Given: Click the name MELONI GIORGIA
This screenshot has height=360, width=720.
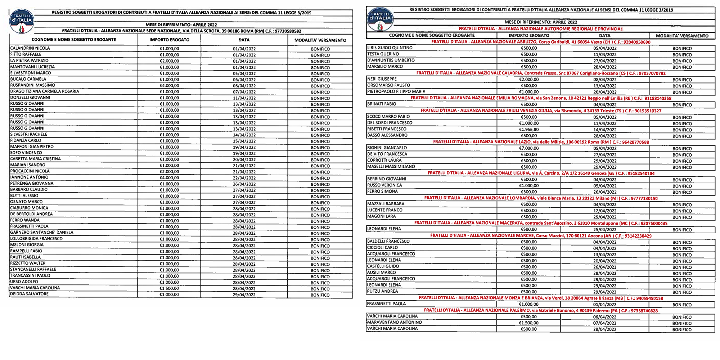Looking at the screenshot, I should (27, 245).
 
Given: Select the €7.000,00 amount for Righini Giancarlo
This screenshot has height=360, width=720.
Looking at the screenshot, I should (529, 148).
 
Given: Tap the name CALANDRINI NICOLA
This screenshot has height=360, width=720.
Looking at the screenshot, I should (30, 48).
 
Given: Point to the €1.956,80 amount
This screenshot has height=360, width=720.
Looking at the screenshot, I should (529, 130).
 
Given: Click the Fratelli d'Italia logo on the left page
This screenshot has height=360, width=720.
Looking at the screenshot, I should (22, 21).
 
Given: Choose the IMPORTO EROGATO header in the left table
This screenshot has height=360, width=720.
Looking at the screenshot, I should (169, 40).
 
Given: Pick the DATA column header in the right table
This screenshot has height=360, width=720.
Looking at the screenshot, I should (605, 36).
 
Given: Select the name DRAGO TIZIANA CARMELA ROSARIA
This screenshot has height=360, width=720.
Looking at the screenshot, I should (45, 91).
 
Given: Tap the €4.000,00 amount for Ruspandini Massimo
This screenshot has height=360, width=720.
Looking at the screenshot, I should (169, 86).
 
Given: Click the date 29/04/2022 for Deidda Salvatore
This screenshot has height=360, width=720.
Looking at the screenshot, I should (244, 295).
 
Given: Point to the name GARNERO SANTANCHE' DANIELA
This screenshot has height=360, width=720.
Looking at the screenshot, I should (42, 233).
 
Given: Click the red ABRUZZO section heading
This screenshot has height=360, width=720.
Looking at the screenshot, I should (541, 42).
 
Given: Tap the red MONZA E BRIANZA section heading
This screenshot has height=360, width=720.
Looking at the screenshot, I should (541, 298).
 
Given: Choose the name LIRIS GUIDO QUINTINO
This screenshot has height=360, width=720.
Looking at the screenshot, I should (390, 48).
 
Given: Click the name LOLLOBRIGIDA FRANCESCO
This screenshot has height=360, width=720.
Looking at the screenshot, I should (36, 239).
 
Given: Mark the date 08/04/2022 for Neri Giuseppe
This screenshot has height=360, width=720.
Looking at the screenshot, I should (605, 80).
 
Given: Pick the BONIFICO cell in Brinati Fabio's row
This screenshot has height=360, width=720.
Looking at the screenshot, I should (682, 105).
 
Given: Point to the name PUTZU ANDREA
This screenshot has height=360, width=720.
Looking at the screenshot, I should (382, 291).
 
